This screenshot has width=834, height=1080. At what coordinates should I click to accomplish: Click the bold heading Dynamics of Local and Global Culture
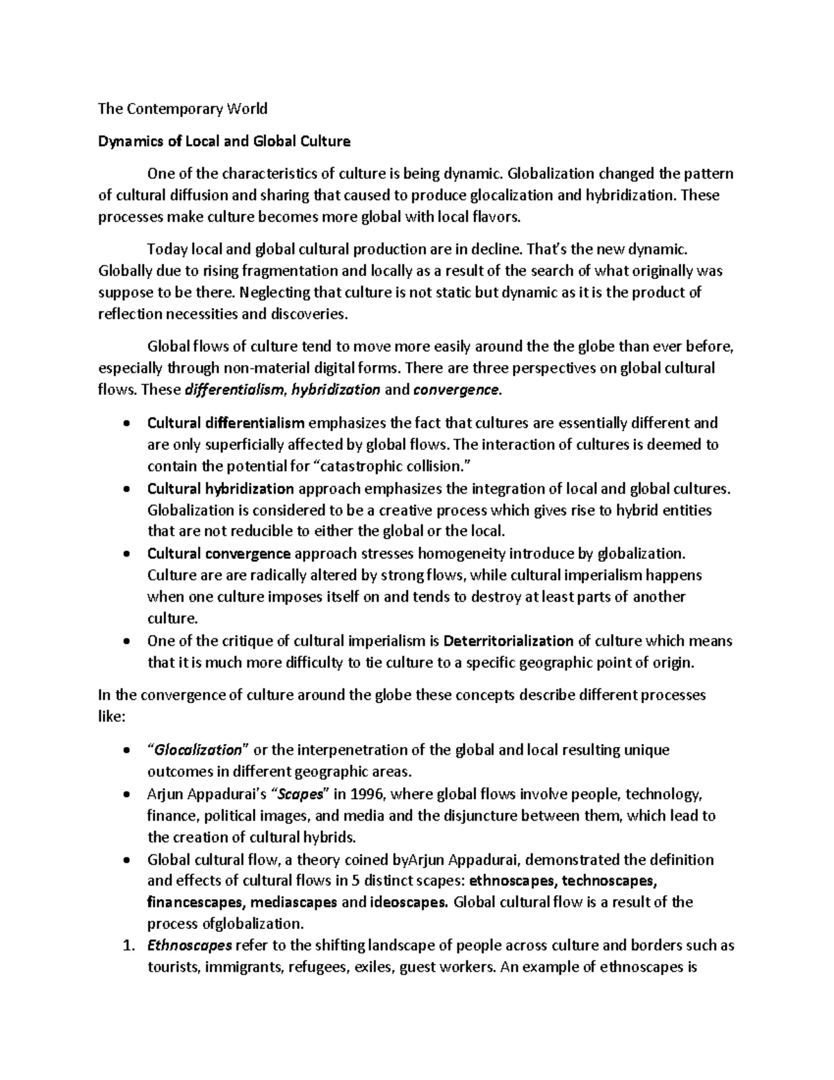click(x=224, y=142)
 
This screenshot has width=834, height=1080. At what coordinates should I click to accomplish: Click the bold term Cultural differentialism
click(x=226, y=423)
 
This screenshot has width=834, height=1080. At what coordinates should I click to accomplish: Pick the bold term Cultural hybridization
click(x=220, y=488)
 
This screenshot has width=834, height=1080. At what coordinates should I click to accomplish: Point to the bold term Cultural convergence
click(x=219, y=554)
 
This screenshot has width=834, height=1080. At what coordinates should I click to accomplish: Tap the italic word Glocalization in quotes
click(x=197, y=750)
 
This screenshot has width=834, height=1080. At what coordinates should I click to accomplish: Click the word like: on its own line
click(x=112, y=717)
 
